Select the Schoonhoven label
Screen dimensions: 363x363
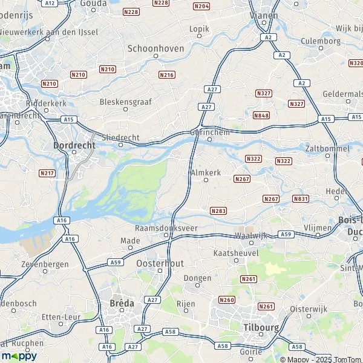(x=155, y=48)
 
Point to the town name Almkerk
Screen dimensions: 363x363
(x=206, y=172)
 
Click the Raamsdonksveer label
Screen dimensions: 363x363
(x=166, y=228)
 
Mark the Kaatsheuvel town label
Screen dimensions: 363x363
(x=237, y=252)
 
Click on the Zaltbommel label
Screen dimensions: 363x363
(x=327, y=148)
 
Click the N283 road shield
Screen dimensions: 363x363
(x=218, y=211)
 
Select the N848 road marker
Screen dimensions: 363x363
(x=261, y=115)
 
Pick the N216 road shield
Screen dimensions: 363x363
(x=166, y=74)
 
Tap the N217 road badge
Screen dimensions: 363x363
(x=47, y=173)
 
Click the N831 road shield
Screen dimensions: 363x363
(x=301, y=198)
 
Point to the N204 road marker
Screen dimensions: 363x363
(x=201, y=6)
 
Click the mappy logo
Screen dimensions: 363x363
(x=19, y=356)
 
